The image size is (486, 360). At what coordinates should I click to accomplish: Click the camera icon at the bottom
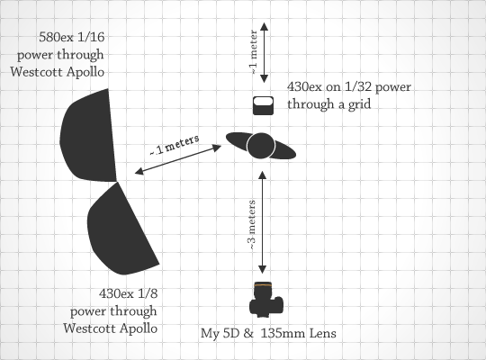(266, 300)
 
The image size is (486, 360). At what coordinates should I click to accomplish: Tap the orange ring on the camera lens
(263, 284)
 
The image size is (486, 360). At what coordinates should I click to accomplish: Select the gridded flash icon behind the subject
(263, 105)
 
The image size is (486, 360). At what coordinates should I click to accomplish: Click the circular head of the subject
(261, 146)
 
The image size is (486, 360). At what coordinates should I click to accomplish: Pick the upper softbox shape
(88, 136)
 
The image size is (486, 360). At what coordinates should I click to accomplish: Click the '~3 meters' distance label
(252, 225)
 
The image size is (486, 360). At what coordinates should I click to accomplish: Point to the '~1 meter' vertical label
(253, 52)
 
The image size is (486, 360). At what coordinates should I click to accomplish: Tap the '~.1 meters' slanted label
(175, 145)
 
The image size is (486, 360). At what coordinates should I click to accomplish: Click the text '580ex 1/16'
(72, 37)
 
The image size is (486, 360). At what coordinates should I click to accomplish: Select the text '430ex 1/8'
(129, 293)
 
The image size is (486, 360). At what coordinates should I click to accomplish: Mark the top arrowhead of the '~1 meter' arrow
(264, 26)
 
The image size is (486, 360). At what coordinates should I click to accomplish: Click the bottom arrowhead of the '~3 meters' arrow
(263, 269)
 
